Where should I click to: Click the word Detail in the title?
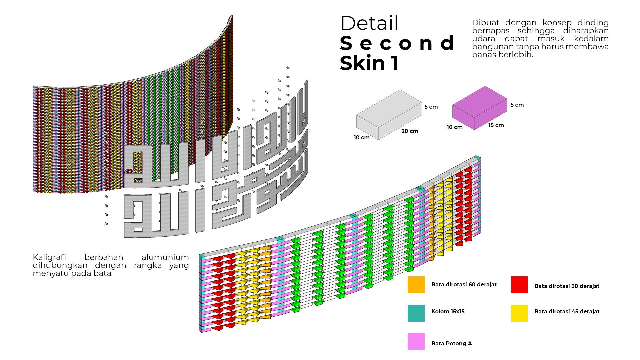point(369,23)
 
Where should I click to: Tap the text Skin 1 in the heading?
point(369,63)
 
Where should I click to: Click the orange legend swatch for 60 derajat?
point(416,285)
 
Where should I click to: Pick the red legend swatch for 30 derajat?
point(519,285)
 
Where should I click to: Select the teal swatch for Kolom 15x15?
point(416,313)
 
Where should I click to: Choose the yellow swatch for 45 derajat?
point(519,313)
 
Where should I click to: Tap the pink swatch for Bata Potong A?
point(416,341)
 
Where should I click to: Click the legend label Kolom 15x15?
point(448,312)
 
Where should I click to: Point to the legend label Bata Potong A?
point(451,343)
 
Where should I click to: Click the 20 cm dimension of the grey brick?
point(410,131)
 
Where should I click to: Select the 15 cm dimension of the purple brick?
point(496,125)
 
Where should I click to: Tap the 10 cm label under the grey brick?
point(362,137)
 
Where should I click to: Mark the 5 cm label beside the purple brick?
point(517,105)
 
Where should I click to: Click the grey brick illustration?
point(389,114)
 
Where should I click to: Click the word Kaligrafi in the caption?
point(49,257)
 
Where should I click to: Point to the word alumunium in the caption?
point(165,257)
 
